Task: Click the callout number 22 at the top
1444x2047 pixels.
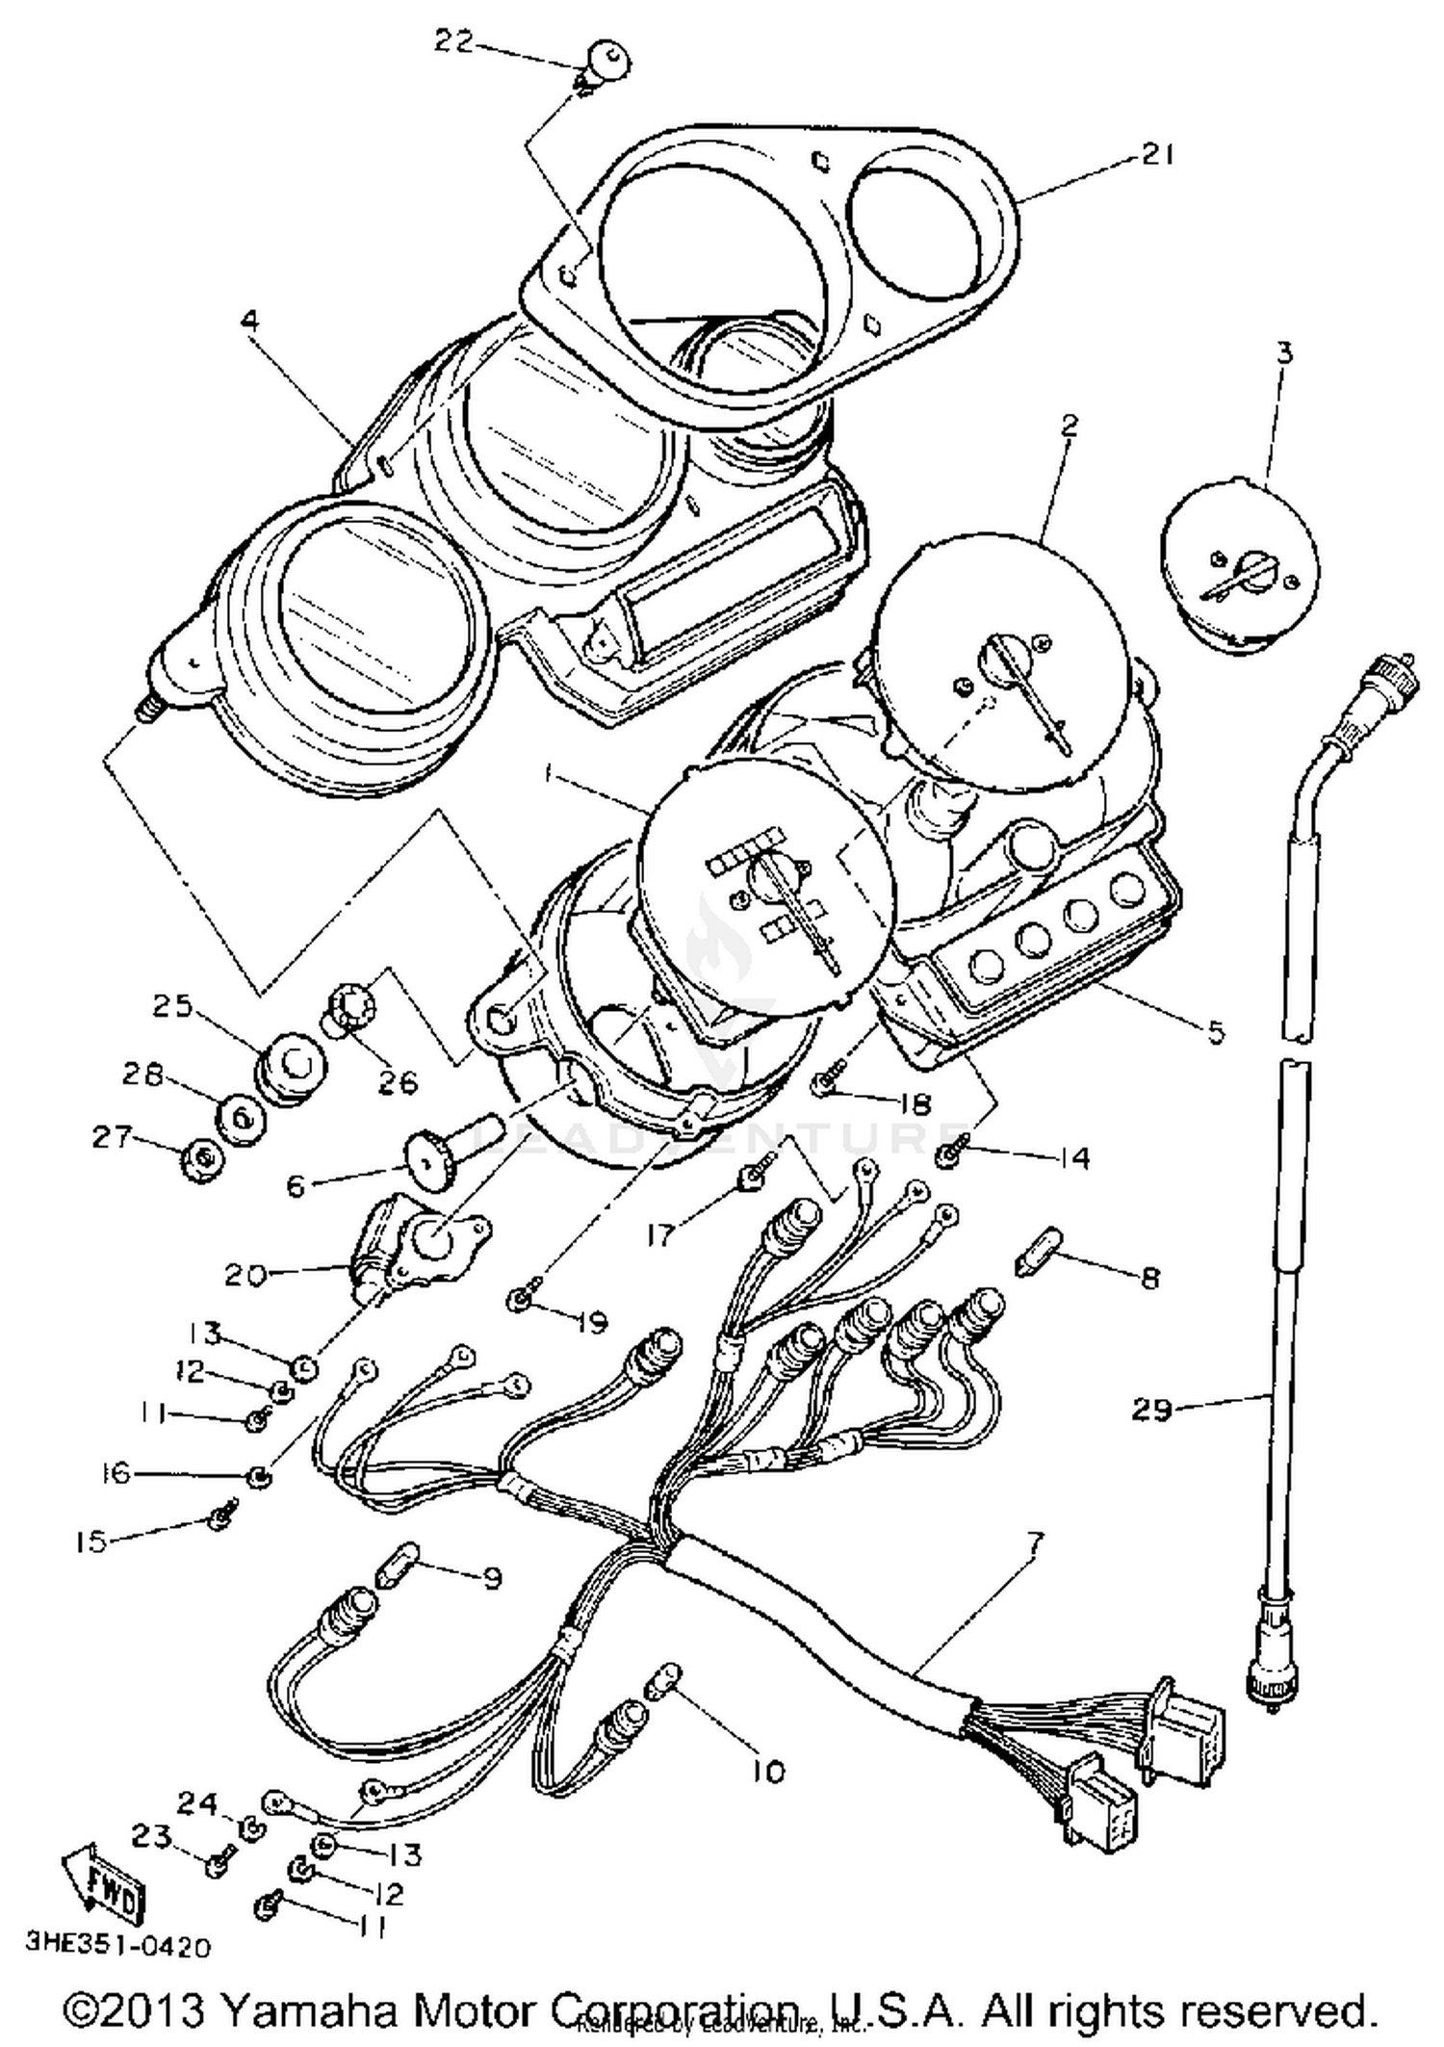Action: (453, 41)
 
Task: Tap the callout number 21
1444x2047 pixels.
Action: (1157, 154)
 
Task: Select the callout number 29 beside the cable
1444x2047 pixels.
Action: (1151, 1410)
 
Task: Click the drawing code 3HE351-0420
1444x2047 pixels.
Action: (117, 1946)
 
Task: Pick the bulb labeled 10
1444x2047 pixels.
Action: (668, 1680)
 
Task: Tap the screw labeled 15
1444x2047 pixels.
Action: (221, 1519)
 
